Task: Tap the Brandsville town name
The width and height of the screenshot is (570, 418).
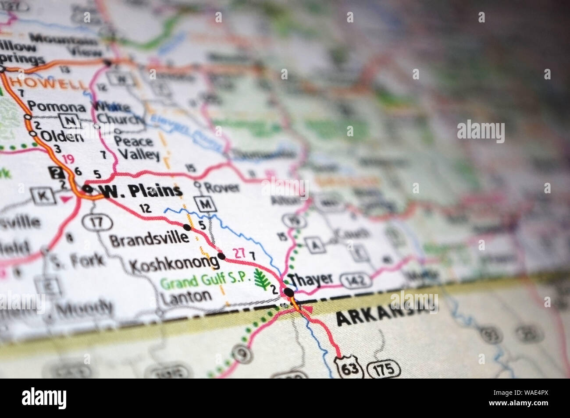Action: tap(150, 240)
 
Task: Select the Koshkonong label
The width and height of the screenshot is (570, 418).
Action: tap(174, 263)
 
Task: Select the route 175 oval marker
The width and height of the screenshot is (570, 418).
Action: tap(384, 368)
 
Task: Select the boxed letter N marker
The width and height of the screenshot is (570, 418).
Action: tap(68, 120)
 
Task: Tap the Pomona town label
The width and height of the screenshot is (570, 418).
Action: tap(57, 106)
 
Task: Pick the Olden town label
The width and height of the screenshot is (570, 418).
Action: tap(62, 136)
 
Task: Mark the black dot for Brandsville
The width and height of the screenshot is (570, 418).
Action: tap(188, 227)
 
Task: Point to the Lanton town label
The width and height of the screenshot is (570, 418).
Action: tap(186, 296)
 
